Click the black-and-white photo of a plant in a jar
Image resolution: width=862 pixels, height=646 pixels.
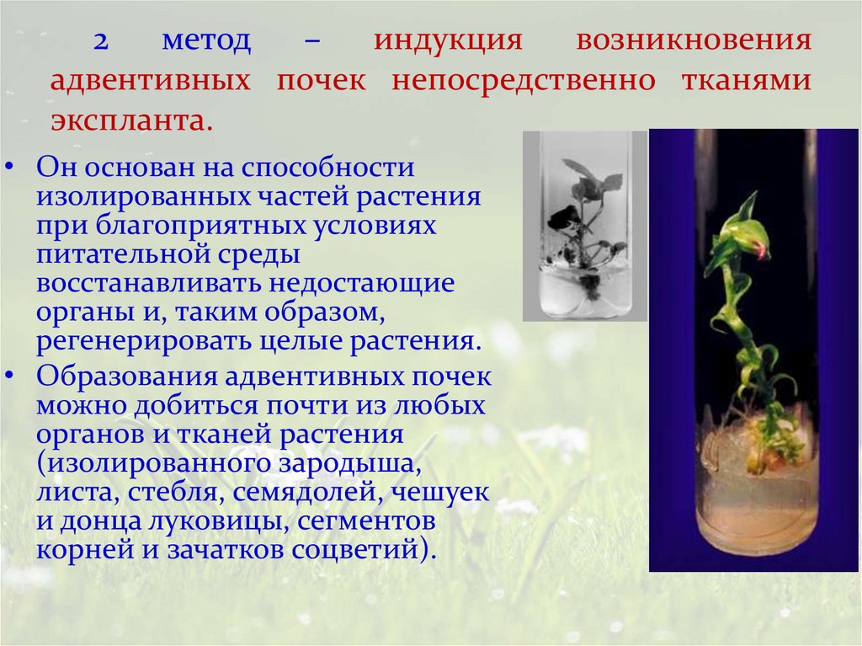coord(585,225)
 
